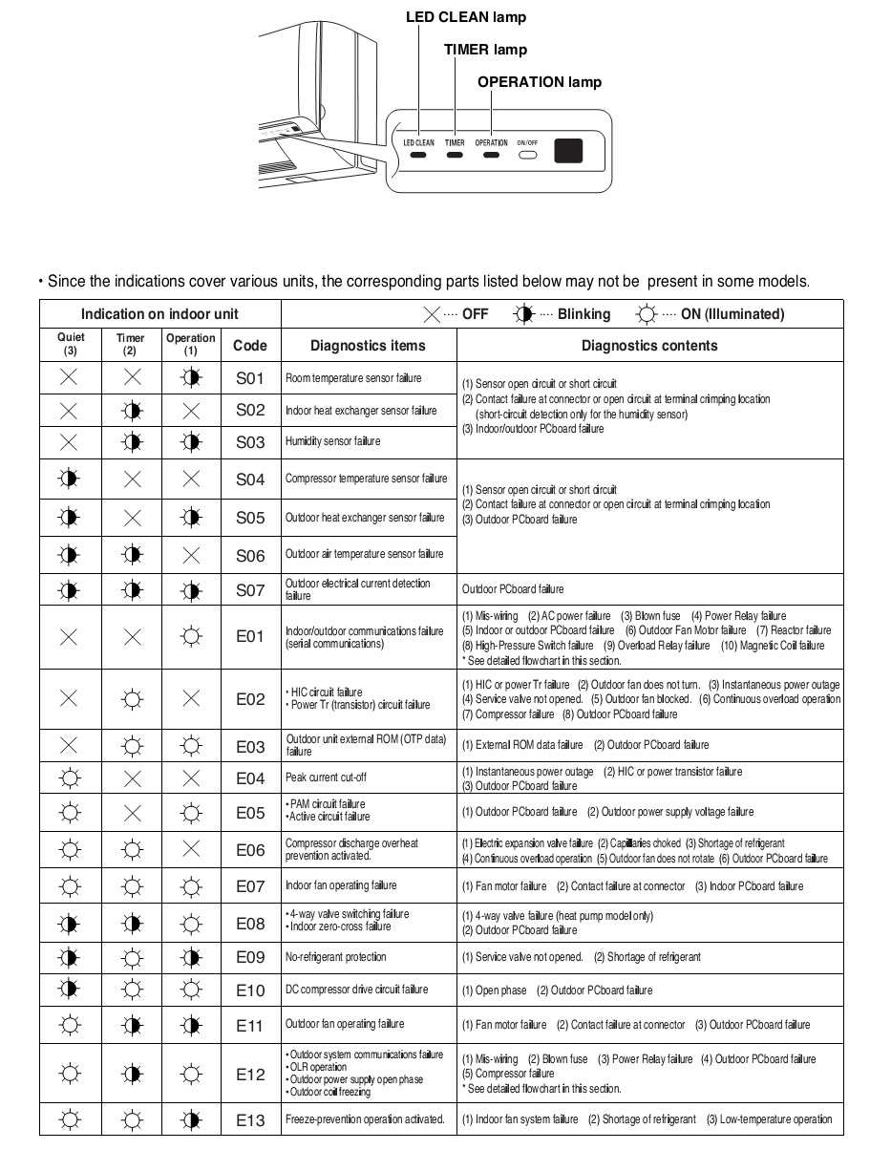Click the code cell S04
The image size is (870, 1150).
(x=249, y=479)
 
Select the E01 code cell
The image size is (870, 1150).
(x=249, y=637)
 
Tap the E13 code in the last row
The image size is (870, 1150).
(x=249, y=1120)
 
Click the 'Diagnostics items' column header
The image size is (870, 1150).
(x=368, y=345)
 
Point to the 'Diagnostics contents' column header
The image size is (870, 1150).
(x=649, y=345)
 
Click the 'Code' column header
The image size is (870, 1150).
(x=249, y=345)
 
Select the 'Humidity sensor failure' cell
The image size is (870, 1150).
(x=332, y=441)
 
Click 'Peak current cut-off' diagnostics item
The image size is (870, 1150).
(x=326, y=778)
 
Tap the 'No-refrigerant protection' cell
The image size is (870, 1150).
(x=336, y=956)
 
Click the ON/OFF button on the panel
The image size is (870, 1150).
(x=528, y=154)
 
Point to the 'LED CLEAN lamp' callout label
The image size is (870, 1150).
(x=466, y=17)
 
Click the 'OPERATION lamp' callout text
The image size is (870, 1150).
(x=540, y=82)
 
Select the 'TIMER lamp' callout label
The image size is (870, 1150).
(x=485, y=49)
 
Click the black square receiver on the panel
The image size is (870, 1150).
(x=569, y=150)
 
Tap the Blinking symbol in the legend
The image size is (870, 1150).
(x=522, y=314)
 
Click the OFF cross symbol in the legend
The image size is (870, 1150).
(x=432, y=314)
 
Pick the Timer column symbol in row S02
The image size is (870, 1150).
(x=131, y=411)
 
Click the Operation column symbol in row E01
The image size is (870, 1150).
(x=191, y=637)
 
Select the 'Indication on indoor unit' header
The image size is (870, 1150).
(x=159, y=314)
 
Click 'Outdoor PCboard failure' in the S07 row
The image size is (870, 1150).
(x=513, y=589)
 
